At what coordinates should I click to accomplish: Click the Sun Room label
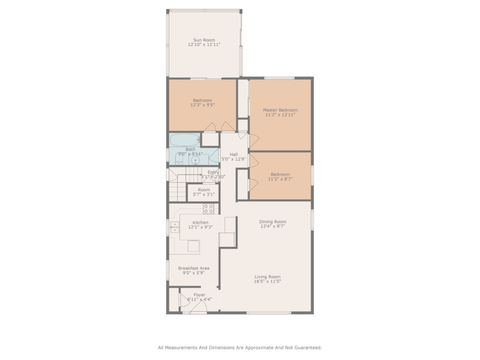(204, 40)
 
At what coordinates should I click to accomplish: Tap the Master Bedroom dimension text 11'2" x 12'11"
(280, 115)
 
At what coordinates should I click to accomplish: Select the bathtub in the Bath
(185, 140)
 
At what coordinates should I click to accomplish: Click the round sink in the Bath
(195, 160)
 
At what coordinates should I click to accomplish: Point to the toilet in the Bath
(179, 160)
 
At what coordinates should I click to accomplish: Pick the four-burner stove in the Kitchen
(209, 209)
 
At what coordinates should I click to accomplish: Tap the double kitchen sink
(175, 227)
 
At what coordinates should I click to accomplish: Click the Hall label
(233, 155)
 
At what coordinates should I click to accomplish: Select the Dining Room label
(273, 222)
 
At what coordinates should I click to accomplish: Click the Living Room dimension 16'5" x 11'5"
(267, 281)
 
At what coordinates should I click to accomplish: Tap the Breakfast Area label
(194, 268)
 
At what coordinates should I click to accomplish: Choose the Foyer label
(200, 295)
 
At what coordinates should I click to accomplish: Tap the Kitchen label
(200, 223)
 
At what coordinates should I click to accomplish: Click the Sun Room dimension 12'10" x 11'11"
(204, 45)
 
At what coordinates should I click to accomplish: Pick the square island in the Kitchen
(194, 246)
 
